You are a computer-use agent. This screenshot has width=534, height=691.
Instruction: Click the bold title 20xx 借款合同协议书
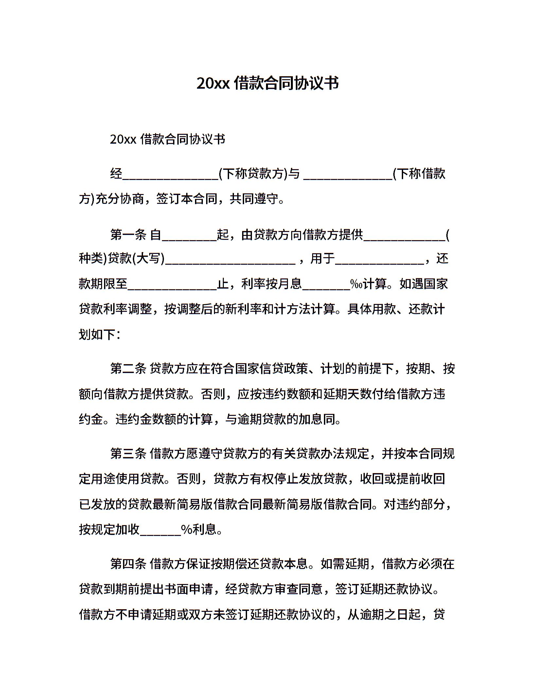(267, 83)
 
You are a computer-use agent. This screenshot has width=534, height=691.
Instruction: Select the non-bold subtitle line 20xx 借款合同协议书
(168, 139)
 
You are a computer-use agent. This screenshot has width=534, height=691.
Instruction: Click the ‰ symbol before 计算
(356, 284)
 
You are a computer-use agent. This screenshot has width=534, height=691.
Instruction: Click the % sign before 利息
(186, 529)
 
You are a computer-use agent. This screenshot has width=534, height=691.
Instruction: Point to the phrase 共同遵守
(253, 199)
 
